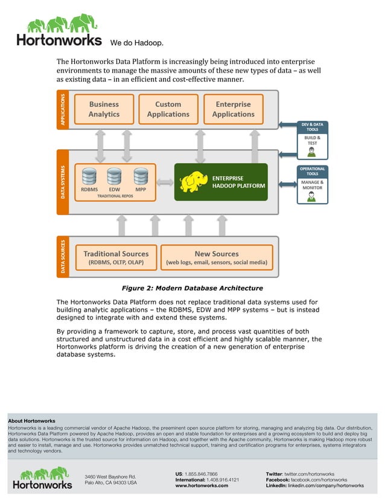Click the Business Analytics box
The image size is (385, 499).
click(x=104, y=109)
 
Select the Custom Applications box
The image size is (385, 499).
click(x=168, y=109)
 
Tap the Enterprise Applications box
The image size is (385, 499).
click(x=233, y=109)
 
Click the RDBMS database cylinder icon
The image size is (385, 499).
click(x=89, y=176)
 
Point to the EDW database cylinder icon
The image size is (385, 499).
click(x=114, y=176)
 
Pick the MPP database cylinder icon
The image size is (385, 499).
click(x=141, y=176)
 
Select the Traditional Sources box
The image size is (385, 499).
click(x=115, y=258)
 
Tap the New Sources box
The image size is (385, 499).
click(x=217, y=258)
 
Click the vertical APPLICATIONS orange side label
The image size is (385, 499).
click(x=63, y=109)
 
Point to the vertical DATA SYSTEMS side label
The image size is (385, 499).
click(x=63, y=182)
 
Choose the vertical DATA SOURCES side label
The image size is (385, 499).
click(x=63, y=256)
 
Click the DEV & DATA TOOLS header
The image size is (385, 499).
click(x=312, y=127)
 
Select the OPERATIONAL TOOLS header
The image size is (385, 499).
click(x=312, y=172)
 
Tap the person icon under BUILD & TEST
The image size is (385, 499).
click(x=312, y=151)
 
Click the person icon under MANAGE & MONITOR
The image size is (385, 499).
click(x=312, y=196)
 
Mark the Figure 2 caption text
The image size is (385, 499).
click(x=192, y=288)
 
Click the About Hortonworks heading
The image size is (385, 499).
click(x=31, y=420)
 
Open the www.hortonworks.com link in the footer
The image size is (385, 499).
click(x=202, y=485)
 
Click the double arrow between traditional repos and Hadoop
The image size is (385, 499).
click(x=165, y=181)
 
